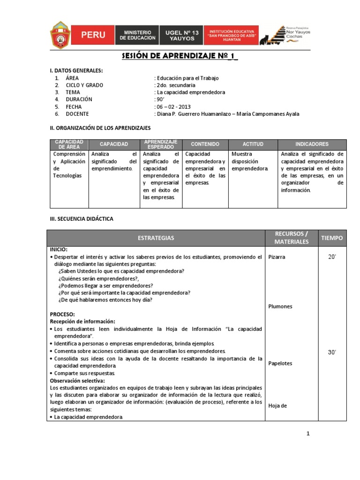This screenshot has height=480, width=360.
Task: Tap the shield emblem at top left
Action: coord(60,35)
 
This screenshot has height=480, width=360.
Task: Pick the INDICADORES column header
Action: coord(312,144)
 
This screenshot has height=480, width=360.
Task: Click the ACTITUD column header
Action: coord(253,144)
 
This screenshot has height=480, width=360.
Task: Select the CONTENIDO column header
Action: coord(205,144)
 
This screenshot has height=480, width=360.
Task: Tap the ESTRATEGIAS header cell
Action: coord(156,238)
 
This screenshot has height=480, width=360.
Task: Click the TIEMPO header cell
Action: coord(332,238)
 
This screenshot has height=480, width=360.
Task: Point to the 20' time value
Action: coord(332,257)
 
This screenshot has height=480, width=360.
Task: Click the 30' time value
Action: coord(332,352)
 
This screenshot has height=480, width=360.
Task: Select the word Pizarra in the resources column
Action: coord(277,257)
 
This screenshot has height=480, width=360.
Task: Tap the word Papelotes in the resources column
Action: coord(280,363)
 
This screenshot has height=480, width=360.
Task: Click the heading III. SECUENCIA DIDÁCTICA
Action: coord(82,219)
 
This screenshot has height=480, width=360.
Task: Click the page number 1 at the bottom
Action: coord(308,434)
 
